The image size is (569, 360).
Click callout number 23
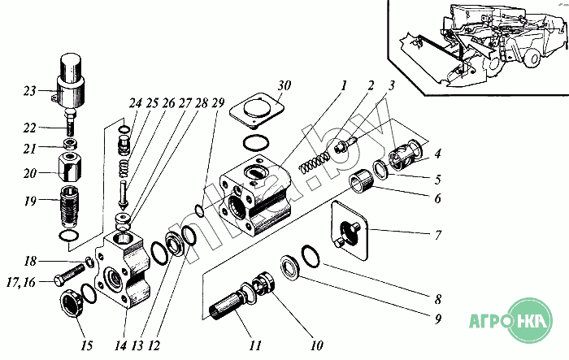[x=30, y=91]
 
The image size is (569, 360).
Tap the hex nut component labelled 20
[x=70, y=167]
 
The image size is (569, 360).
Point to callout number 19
[x=31, y=201]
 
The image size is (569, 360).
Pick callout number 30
[x=284, y=85]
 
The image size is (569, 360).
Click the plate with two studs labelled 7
[x=350, y=230]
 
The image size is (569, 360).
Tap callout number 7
[x=438, y=235]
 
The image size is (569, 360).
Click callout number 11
[x=255, y=345]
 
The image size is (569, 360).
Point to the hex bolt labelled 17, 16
[x=69, y=275]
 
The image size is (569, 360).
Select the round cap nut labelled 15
[x=72, y=302]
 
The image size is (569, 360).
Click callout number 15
[x=87, y=346]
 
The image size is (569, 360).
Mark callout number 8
[x=438, y=299]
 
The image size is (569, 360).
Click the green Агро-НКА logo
[x=510, y=321]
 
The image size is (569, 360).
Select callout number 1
[x=343, y=86]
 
